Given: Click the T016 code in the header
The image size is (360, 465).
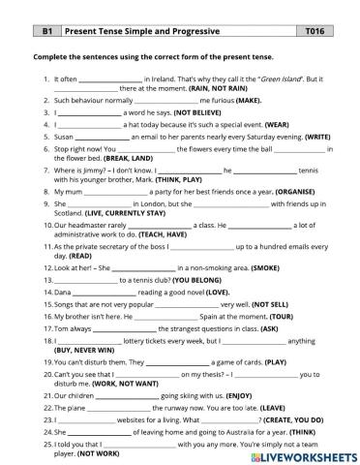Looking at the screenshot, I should tap(316, 32).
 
